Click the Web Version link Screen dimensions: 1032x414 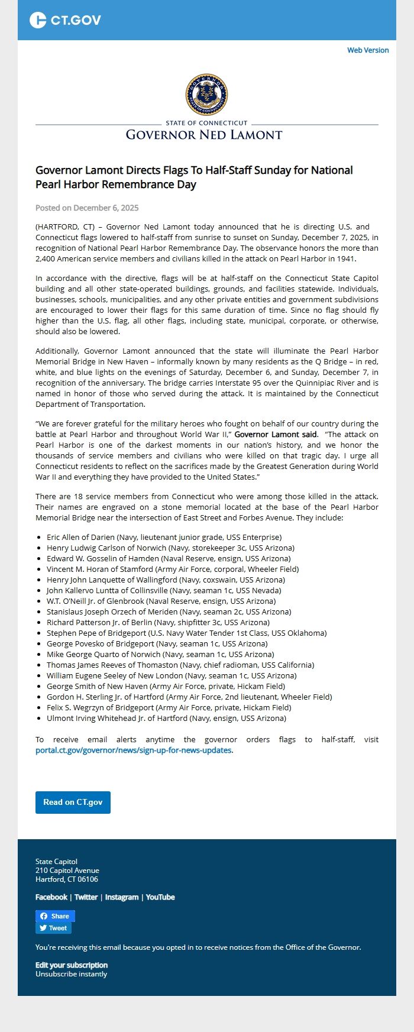click(368, 50)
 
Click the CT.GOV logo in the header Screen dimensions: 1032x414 click(65, 20)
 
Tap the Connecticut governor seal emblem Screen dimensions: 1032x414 click(206, 95)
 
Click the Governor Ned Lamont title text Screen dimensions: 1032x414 click(204, 135)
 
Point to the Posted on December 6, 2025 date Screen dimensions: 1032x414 click(87, 208)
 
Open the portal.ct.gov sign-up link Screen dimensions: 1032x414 click(134, 750)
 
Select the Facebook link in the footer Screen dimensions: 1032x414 click(51, 897)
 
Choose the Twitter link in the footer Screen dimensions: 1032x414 click(86, 897)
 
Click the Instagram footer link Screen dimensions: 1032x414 click(122, 897)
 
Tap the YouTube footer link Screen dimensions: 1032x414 click(160, 897)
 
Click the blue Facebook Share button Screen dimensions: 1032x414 click(55, 916)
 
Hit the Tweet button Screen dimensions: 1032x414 click(53, 928)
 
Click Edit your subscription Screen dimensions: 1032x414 click(72, 965)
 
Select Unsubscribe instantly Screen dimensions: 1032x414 click(71, 974)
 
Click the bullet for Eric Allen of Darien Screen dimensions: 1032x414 click(39, 538)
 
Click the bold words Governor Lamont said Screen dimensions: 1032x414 click(276, 435)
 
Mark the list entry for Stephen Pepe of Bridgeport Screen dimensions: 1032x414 click(186, 633)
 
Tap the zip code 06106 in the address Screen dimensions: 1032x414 click(87, 879)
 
